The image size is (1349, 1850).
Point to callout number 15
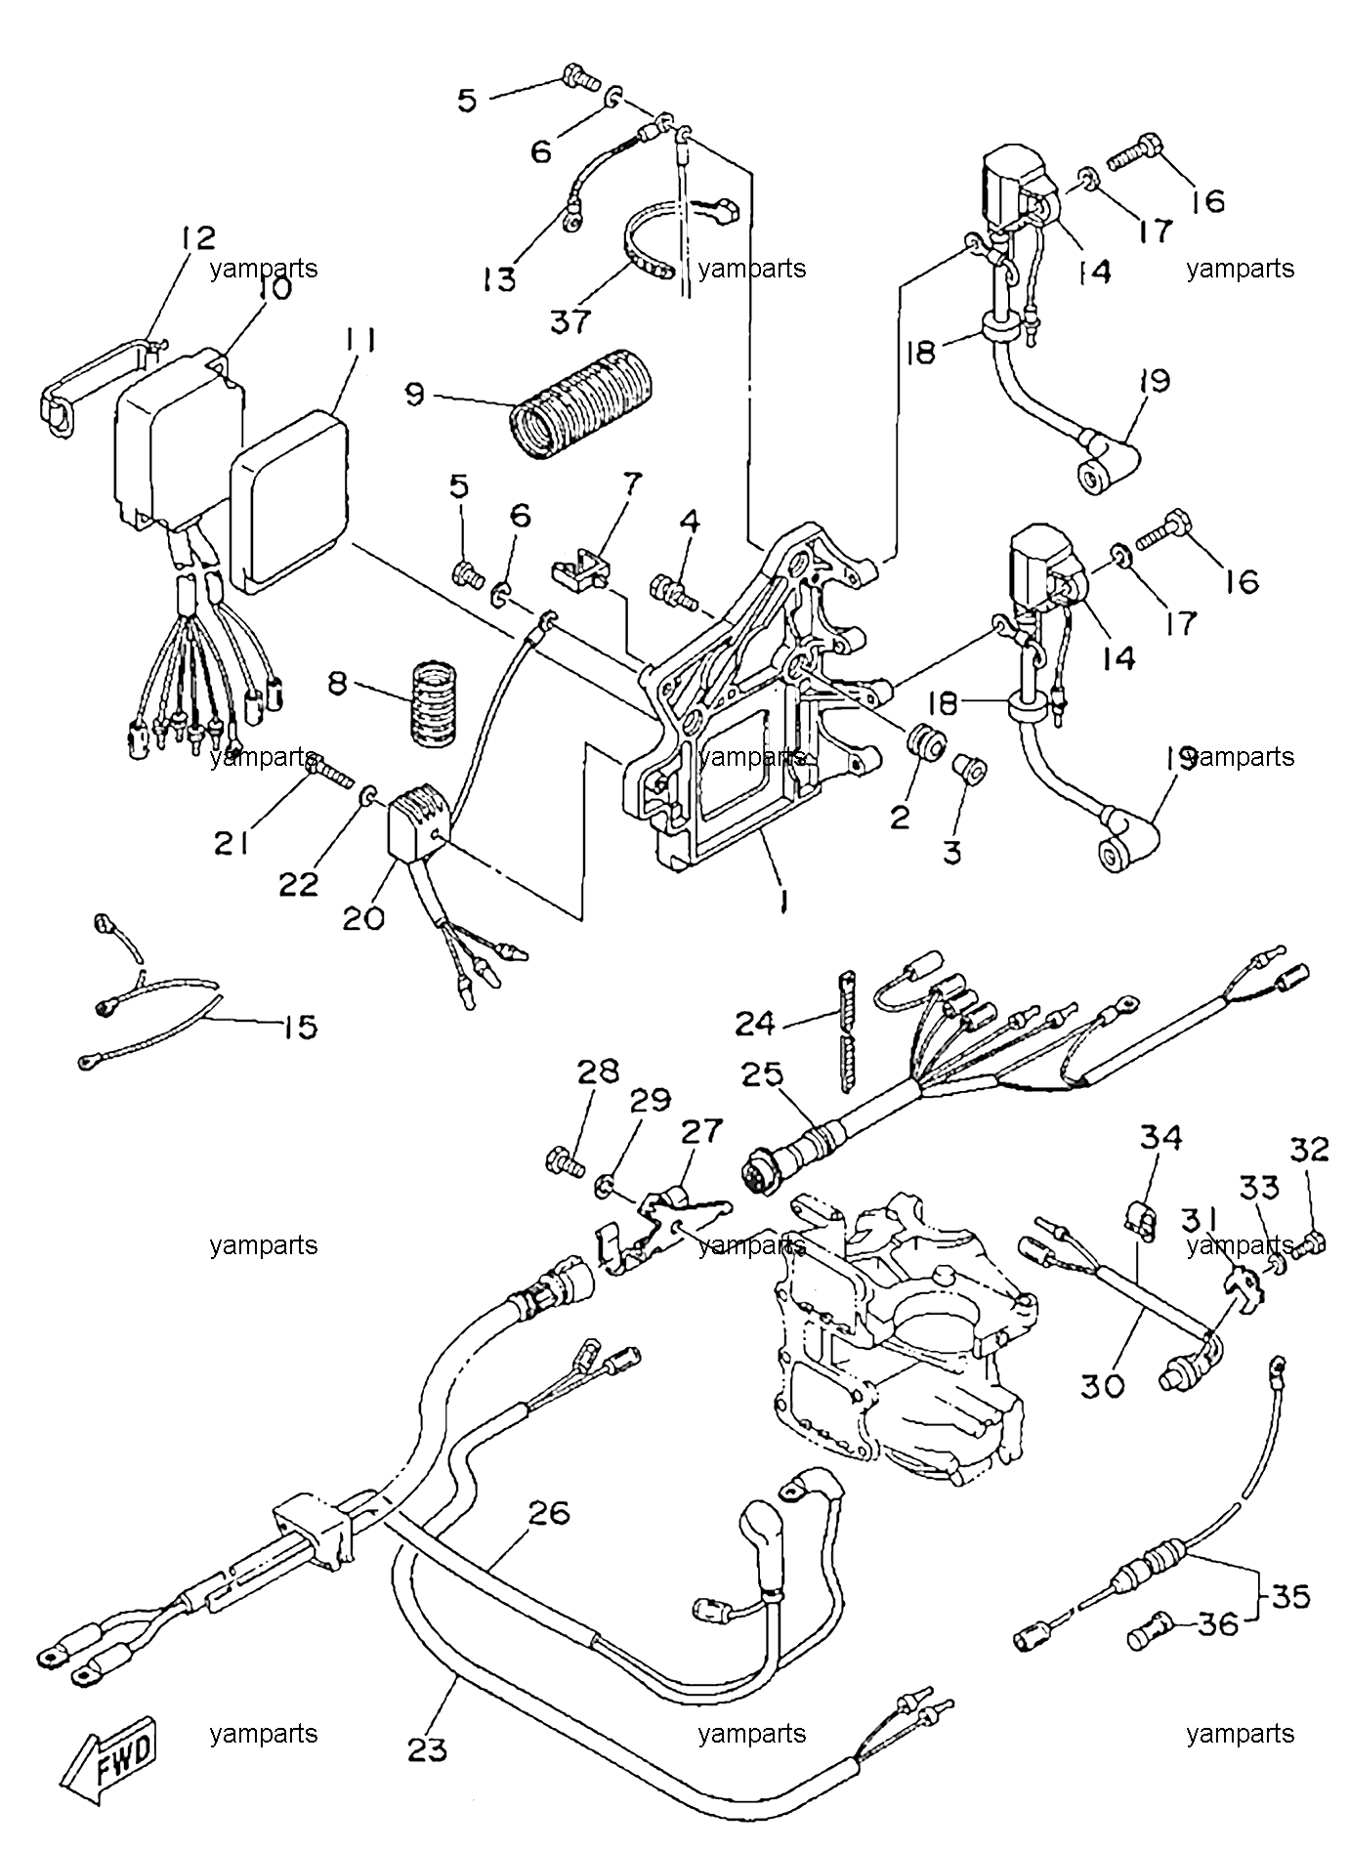tap(300, 1027)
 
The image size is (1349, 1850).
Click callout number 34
tap(1159, 1137)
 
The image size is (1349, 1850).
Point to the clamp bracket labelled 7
tap(582, 571)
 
